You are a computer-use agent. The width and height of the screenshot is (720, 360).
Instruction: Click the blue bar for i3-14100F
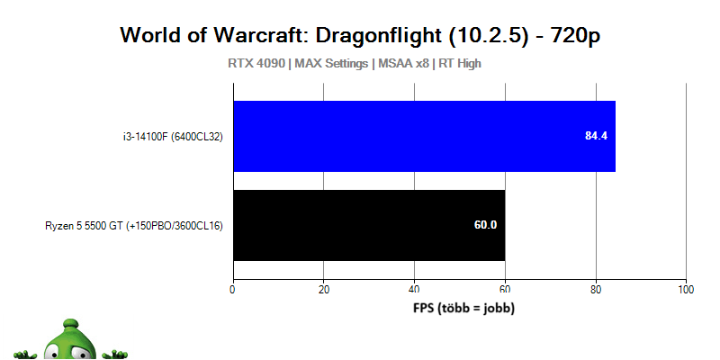coord(424,136)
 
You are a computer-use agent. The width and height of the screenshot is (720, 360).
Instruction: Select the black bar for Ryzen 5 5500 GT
coord(369,225)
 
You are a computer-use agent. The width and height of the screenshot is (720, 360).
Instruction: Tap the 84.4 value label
coord(597,136)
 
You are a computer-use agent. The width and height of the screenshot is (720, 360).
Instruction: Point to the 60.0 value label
coord(486,225)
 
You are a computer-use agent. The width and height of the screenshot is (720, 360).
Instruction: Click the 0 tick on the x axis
coord(233,289)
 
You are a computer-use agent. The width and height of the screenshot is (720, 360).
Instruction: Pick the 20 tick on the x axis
coord(324,289)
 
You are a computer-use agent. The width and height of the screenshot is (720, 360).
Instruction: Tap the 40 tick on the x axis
coord(414,289)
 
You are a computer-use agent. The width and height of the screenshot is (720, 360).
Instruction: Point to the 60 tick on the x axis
coord(505,289)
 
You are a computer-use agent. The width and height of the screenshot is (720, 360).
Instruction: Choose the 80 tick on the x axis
coord(596,289)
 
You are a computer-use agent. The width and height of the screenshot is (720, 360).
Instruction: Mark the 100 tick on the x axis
coord(686,289)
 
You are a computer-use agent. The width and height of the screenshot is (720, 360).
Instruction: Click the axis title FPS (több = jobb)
coord(463,307)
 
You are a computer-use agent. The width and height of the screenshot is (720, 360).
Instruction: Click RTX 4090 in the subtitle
coord(256,64)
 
